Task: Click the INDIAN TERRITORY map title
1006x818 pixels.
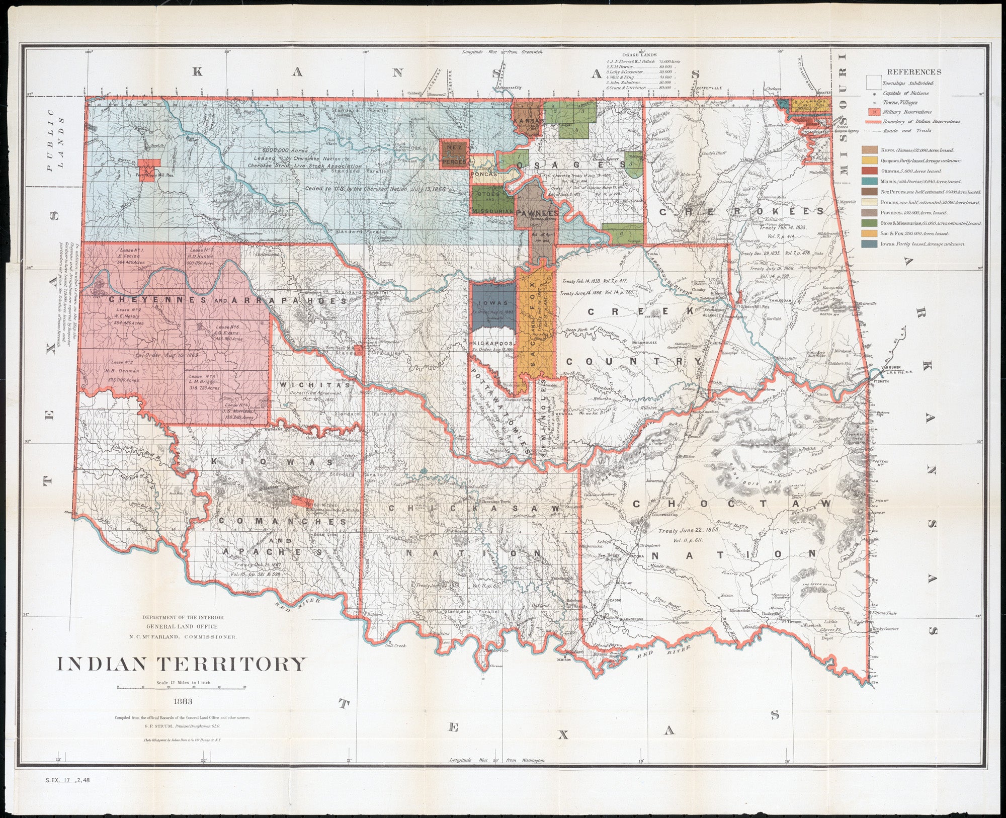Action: [181, 664]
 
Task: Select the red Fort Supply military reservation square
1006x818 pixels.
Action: [149, 167]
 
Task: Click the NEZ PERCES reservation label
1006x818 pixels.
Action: [454, 153]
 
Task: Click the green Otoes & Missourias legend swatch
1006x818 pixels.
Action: [870, 223]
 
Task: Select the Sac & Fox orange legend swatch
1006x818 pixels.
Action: [870, 233]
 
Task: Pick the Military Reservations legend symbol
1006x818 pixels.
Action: [875, 112]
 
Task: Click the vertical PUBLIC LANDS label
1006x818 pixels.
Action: [55, 143]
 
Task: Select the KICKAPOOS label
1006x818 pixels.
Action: [492, 343]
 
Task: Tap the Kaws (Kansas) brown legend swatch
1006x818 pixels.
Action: [870, 150]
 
